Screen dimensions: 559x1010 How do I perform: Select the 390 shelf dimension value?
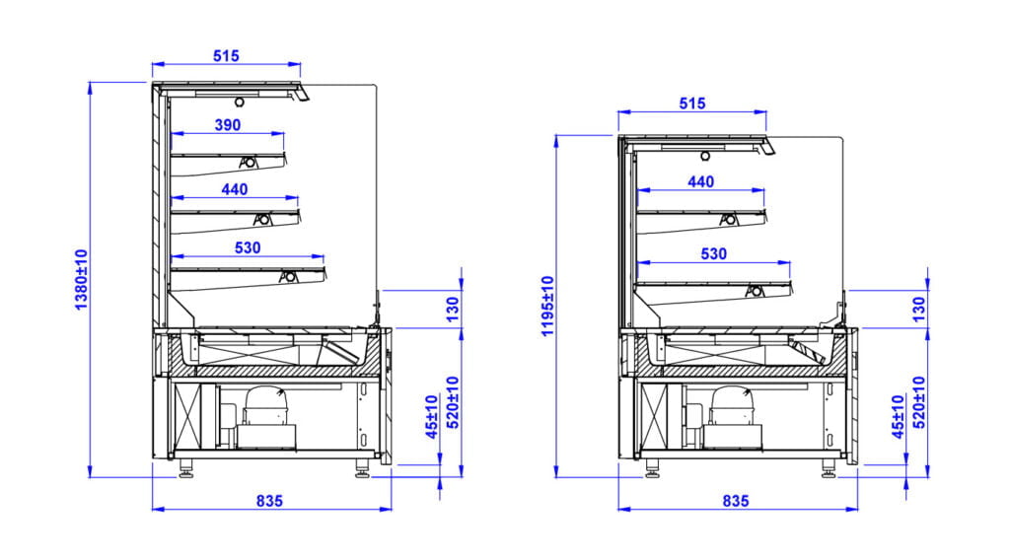228,124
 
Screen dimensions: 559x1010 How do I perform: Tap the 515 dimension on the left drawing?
227,56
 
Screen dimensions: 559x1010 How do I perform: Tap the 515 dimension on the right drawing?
693,104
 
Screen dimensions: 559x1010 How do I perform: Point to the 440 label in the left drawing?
235,189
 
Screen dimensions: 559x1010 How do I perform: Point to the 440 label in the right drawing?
700,181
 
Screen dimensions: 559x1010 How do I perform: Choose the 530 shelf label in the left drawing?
248,247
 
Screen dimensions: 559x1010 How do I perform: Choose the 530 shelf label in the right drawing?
713,253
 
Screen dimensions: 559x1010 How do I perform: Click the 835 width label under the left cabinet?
269,501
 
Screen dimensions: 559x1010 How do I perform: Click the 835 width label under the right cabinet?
735,501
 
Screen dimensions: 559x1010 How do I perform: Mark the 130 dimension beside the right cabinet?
918,310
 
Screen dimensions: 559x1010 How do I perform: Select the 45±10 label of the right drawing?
898,417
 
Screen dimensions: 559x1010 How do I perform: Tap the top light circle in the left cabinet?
240,102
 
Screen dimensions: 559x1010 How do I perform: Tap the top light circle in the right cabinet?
706,155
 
